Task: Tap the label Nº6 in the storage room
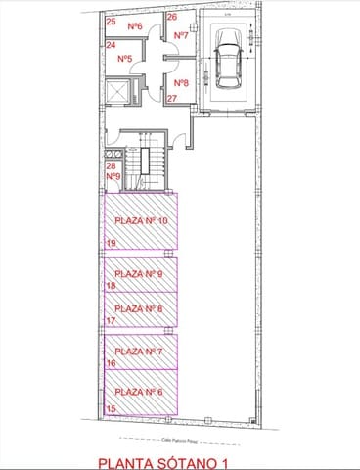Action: [x=135, y=26]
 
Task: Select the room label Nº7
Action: [x=180, y=35]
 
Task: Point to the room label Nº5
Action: [x=125, y=60]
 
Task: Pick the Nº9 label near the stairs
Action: [x=112, y=177]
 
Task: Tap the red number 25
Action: [x=110, y=22]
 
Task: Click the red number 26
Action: [x=171, y=18]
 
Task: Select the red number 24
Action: [x=110, y=46]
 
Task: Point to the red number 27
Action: [x=171, y=99]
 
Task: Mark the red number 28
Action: [x=111, y=166]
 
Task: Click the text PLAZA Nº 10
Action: [x=142, y=220]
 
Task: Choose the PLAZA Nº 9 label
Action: [x=138, y=273]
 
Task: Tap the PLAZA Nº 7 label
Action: [x=138, y=350]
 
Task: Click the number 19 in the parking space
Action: [x=111, y=242]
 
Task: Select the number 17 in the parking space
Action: [x=111, y=320]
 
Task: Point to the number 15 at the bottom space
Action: [x=111, y=407]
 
